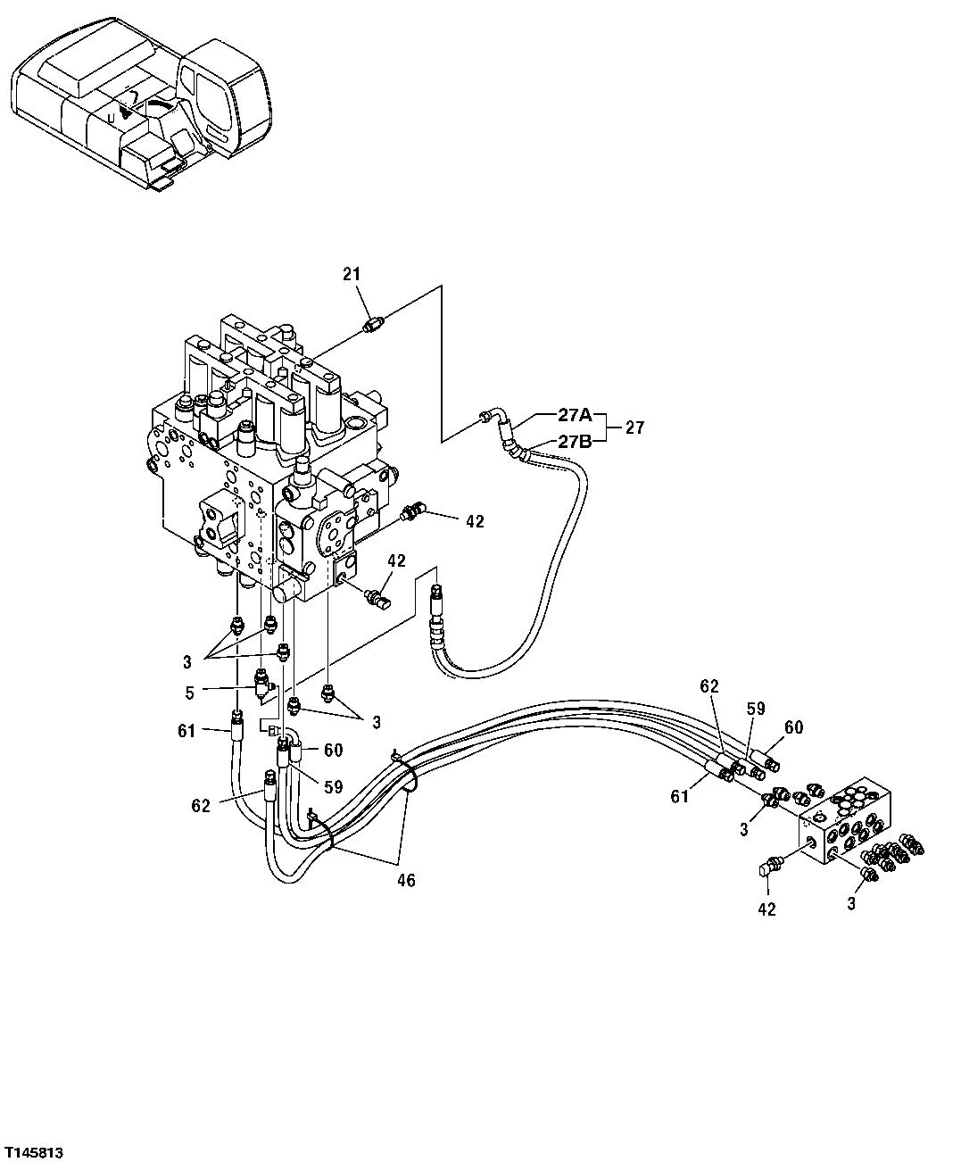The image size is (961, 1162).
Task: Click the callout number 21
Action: coord(352,275)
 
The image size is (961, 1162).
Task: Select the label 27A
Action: coord(575,414)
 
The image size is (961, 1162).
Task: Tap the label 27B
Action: coord(575,441)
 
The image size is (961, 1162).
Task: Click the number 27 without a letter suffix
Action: coord(634,427)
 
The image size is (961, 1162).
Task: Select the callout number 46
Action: coord(406,881)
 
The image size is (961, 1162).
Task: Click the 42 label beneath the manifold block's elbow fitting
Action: coord(766,909)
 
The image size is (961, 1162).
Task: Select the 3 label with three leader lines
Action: coord(187,661)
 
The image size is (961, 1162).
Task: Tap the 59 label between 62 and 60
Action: coord(756,710)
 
